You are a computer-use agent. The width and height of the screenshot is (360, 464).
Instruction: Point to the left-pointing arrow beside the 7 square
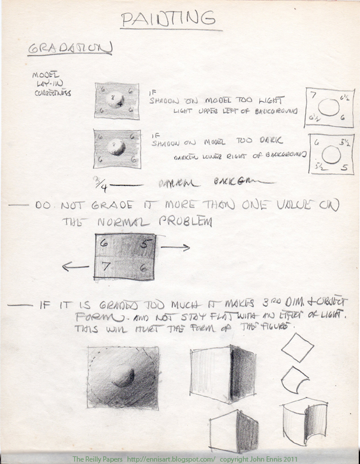75,268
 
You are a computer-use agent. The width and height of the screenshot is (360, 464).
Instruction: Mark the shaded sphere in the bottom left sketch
123,376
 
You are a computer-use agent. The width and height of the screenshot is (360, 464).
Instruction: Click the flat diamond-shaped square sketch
297,347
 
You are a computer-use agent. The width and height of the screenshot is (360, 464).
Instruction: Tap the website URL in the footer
163,459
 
